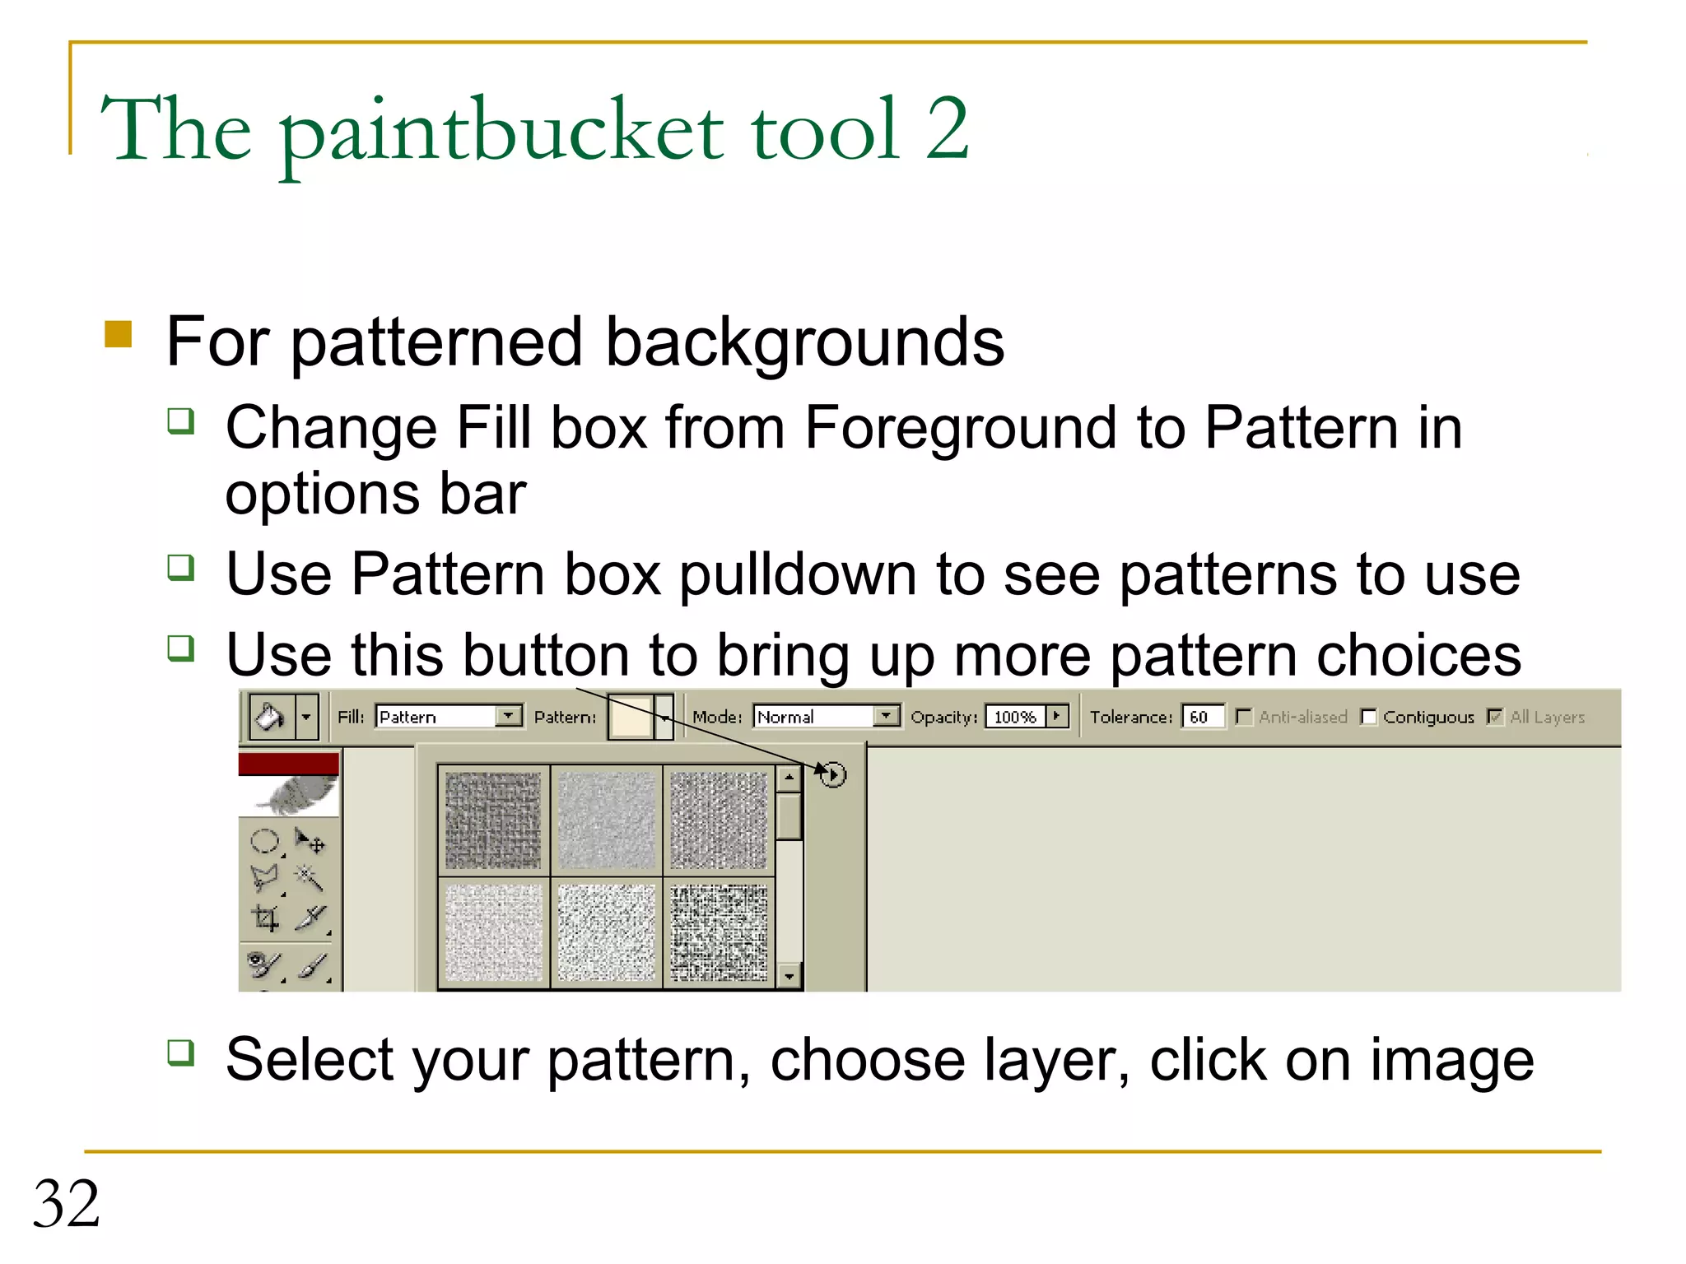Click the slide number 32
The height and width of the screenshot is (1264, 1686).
pos(66,1204)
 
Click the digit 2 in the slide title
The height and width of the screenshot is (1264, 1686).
pos(947,129)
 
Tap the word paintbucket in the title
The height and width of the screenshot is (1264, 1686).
pos(501,132)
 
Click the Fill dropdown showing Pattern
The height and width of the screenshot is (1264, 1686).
pos(449,717)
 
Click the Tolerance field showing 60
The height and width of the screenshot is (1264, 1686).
pos(1201,717)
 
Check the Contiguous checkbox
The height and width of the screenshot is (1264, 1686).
pos(1368,718)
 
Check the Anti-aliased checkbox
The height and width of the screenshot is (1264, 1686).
pos(1244,718)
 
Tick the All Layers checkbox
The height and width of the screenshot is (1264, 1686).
pos(1495,718)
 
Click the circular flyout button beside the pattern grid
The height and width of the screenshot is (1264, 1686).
pos(833,774)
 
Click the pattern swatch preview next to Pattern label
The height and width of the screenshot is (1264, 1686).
pos(631,717)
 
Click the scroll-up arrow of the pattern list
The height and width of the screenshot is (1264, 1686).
pos(789,777)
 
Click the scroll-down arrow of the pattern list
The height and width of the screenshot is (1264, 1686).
pos(789,976)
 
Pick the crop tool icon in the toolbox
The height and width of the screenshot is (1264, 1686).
pos(265,918)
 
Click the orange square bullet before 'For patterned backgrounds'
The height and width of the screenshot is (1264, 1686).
pos(119,334)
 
